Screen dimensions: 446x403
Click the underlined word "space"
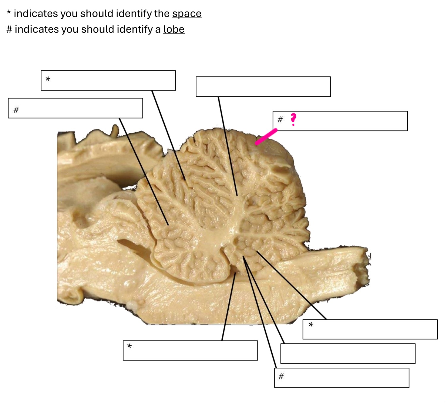click(186, 14)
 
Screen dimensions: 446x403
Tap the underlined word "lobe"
click(174, 29)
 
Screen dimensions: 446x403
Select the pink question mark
click(293, 119)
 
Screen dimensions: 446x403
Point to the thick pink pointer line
click(266, 137)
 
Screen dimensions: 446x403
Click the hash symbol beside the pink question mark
click(280, 120)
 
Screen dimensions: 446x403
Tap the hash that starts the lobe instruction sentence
click(9, 29)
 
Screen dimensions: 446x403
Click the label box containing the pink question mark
click(340, 121)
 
